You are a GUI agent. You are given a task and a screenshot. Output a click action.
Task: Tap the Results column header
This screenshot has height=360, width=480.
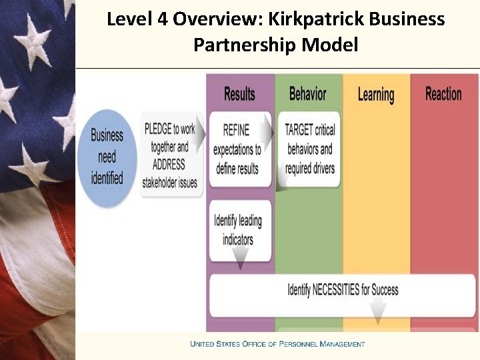(x=239, y=93)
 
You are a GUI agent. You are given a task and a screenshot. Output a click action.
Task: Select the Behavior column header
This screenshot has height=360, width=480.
(x=307, y=93)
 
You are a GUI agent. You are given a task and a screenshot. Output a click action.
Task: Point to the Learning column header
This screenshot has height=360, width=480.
(x=376, y=95)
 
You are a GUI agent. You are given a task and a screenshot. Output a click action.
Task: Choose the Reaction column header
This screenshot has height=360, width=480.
(x=443, y=93)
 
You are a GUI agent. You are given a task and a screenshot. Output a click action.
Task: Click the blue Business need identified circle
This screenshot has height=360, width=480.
(x=107, y=156)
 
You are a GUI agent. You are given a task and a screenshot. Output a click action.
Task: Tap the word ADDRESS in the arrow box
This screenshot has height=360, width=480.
(x=168, y=164)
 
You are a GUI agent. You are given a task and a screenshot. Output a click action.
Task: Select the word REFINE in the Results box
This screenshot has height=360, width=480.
(x=236, y=131)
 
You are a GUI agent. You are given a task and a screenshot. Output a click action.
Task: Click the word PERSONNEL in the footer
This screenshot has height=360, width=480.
(x=298, y=344)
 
